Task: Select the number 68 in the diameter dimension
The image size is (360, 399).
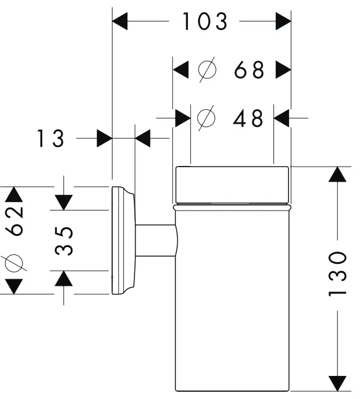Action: point(249,70)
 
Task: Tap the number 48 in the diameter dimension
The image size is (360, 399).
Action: point(249,118)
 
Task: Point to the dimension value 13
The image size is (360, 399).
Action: point(51,138)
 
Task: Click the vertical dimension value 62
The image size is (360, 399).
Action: point(15,220)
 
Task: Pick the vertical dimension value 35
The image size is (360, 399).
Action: point(66,241)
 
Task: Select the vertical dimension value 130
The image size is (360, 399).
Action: point(337,274)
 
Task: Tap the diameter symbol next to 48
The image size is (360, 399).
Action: point(207,118)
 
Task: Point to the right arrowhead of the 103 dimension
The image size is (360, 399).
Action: point(283,23)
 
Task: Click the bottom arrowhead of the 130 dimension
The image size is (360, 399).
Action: point(337,383)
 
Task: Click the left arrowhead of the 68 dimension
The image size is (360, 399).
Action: point(180,70)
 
